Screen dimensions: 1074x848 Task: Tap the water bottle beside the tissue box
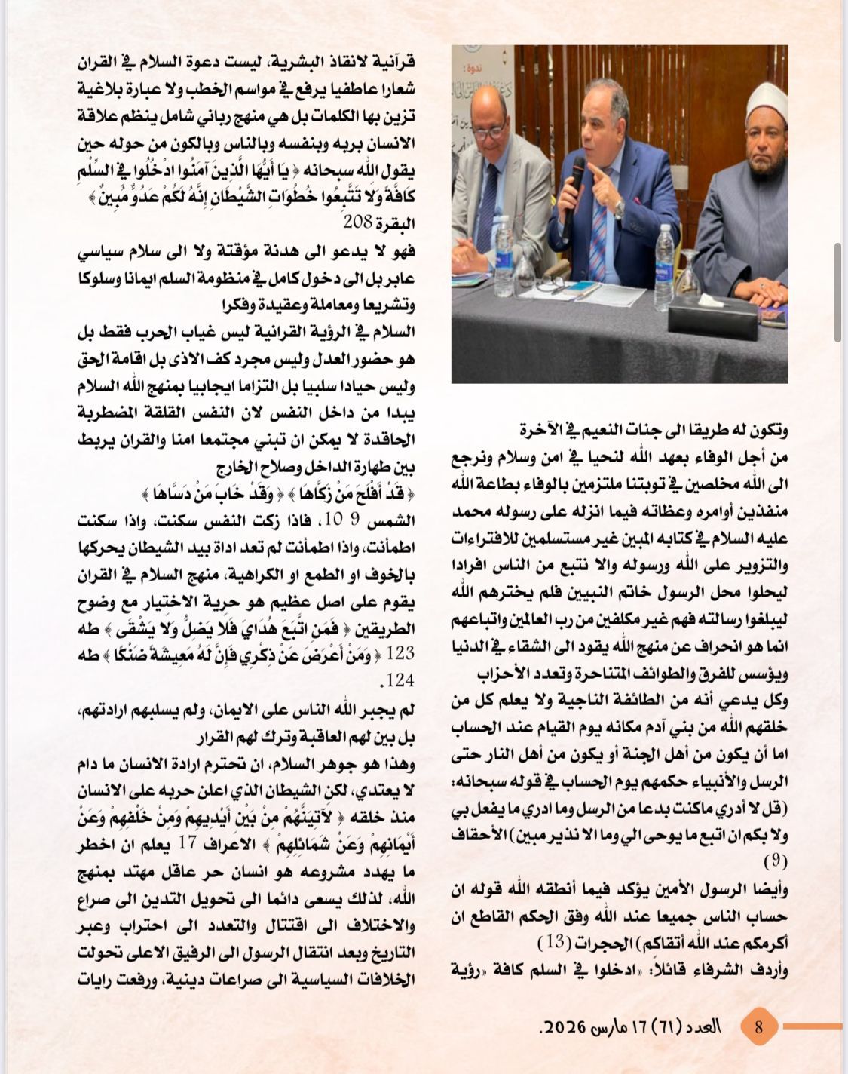(666, 260)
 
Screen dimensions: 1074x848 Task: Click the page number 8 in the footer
(759, 1026)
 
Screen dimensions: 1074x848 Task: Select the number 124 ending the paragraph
(400, 681)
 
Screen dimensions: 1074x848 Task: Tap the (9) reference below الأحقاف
(776, 861)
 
